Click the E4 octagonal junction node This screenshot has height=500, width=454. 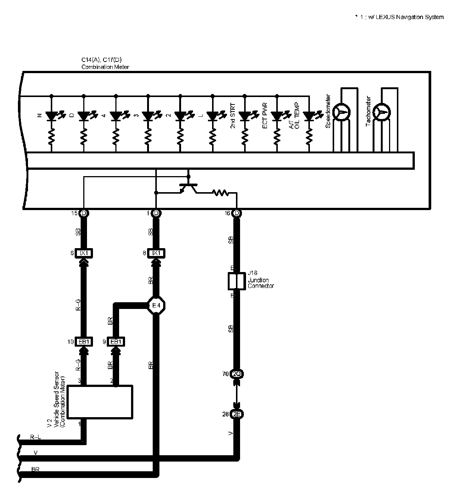(156, 306)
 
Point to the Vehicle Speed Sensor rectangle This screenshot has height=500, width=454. (100, 402)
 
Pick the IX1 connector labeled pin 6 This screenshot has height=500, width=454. (84, 253)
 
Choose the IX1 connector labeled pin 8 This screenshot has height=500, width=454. (156, 253)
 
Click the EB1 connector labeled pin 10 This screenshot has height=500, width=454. (84, 342)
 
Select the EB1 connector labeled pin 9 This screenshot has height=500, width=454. (116, 342)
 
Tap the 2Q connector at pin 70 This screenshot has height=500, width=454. (237, 374)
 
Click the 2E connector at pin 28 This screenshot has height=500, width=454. (237, 414)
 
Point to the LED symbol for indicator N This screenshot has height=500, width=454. (51, 116)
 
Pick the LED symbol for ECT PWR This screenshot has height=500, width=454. (277, 116)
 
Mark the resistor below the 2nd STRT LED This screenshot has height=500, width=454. (245, 137)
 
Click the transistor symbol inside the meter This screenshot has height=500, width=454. (188, 188)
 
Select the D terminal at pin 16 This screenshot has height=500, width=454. (237, 213)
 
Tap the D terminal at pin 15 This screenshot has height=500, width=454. (84, 213)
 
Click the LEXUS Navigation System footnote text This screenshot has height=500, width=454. (399, 17)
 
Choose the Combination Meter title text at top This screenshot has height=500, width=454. (105, 67)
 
